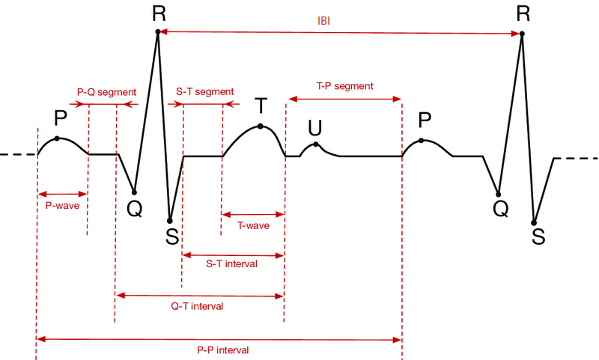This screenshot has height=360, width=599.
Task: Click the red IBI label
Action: tap(323, 21)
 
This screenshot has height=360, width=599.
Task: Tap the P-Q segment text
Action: tap(106, 92)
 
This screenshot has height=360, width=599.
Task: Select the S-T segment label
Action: tap(204, 92)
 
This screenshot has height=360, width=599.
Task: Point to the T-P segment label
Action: tap(345, 86)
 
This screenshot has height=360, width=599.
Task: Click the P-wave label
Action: tap(62, 206)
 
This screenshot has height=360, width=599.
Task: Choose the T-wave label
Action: tap(253, 225)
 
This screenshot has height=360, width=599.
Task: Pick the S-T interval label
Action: tap(232, 263)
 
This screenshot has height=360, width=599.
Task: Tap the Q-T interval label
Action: tap(197, 306)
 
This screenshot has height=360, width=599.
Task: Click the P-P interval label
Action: tap(223, 350)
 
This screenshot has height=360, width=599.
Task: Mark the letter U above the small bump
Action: tap(315, 128)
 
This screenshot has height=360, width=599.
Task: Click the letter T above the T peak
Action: tap(261, 106)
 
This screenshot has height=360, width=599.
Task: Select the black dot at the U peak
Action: tap(316, 144)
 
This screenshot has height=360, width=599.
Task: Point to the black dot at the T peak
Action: tap(260, 126)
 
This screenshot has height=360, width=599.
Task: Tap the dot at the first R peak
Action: tap(157, 31)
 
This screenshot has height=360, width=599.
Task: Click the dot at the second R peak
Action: tap(522, 34)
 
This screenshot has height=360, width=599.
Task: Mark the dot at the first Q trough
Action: tap(134, 192)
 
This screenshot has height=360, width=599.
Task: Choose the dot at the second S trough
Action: tap(534, 223)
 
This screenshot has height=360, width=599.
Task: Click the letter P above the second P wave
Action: tap(425, 120)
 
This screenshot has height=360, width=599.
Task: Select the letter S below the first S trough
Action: tap(172, 237)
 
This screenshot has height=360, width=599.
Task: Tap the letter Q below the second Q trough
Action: tap(500, 209)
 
